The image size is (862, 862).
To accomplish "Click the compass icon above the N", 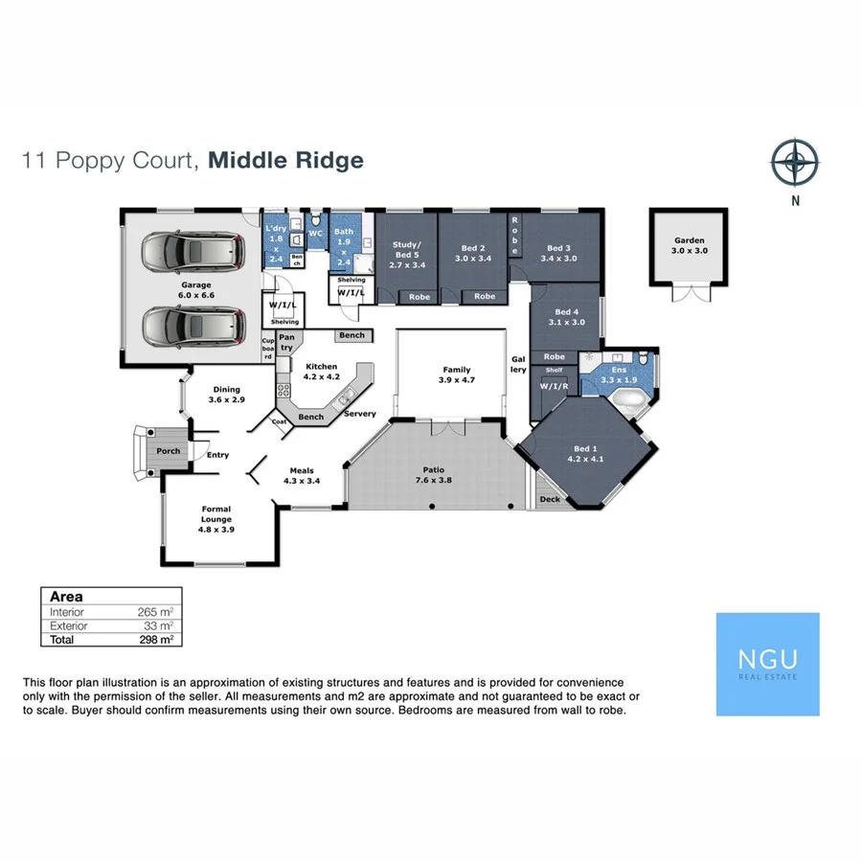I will [x=794, y=161].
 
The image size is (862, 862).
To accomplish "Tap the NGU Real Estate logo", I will [x=767, y=665].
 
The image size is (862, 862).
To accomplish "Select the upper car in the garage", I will [x=191, y=254].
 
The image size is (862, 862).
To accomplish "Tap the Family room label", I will [x=456, y=374].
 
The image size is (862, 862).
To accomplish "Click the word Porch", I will [x=168, y=450].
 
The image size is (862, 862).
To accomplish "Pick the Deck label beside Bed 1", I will [x=550, y=499].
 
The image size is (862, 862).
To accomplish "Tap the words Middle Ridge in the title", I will [x=286, y=160].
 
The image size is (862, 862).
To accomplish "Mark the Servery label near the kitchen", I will [x=360, y=414].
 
